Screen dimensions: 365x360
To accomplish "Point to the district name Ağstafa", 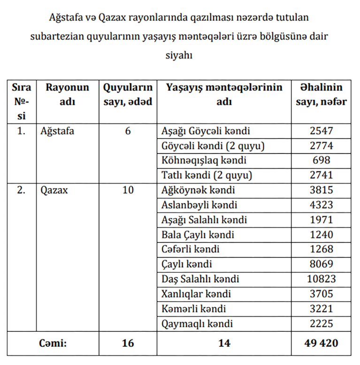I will click(x=57, y=131).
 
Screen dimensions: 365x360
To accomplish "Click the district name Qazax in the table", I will click(x=54, y=190).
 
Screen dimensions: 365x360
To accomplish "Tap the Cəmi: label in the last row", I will click(x=53, y=343).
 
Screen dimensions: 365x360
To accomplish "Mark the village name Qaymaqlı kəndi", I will click(x=197, y=324).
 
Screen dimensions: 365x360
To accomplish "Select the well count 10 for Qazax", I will click(x=128, y=190).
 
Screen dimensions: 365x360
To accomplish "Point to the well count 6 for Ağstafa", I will click(x=128, y=131).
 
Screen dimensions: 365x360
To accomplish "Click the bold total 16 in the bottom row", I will click(x=128, y=343).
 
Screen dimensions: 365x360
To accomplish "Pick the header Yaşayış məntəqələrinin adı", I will click(x=224, y=94).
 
